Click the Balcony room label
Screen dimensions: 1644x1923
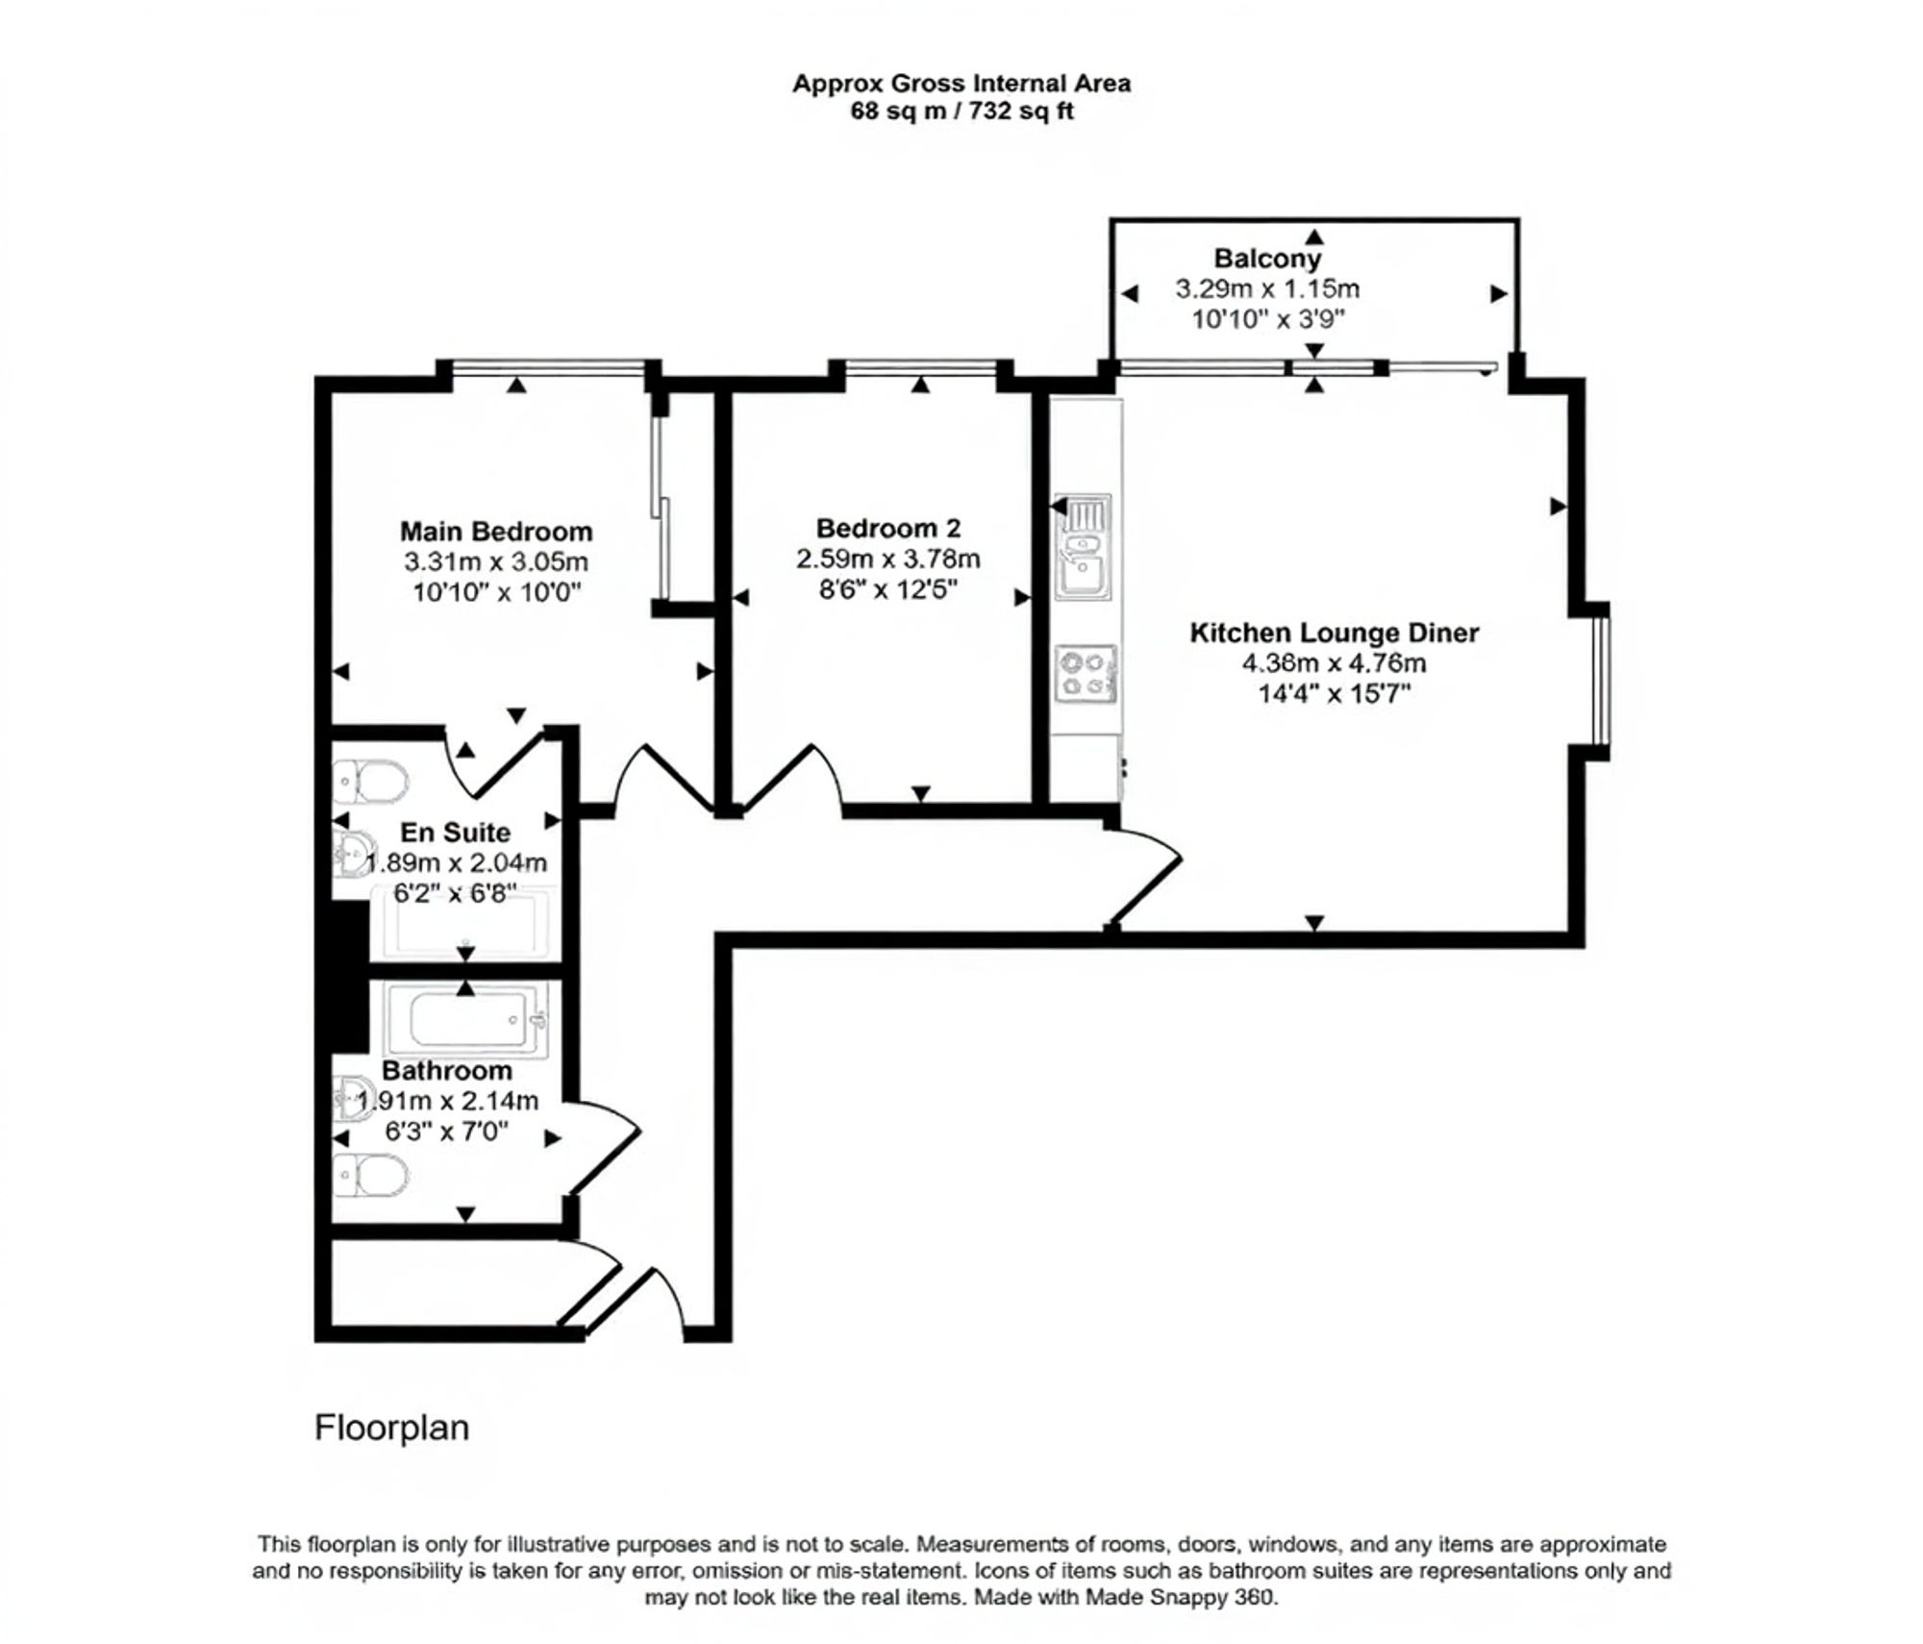point(1266,258)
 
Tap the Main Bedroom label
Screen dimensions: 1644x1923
point(495,531)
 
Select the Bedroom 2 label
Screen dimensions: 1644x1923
point(887,528)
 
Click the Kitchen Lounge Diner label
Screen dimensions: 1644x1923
point(1334,633)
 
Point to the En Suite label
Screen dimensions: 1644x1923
point(455,832)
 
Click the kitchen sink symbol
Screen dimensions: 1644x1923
point(1084,548)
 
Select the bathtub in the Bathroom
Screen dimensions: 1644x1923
point(466,1019)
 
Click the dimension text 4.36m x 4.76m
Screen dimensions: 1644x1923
point(1334,663)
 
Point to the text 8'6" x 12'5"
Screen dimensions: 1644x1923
point(887,589)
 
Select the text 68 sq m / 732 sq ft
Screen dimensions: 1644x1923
point(961,112)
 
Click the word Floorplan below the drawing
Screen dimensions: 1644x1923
point(391,1428)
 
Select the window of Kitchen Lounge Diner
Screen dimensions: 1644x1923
point(1597,680)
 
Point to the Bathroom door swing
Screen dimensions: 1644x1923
point(606,1144)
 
